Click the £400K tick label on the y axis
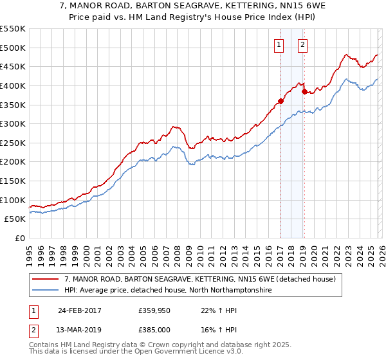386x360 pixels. click(13, 85)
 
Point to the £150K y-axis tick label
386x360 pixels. click(13, 181)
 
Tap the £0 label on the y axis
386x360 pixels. click(19, 238)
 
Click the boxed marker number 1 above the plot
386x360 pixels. click(279, 44)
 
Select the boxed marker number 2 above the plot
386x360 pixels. click(302, 44)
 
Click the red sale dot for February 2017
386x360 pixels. click(280, 101)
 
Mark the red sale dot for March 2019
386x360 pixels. click(304, 91)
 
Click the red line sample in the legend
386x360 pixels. click(45, 280)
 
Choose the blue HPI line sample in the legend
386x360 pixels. click(45, 291)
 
